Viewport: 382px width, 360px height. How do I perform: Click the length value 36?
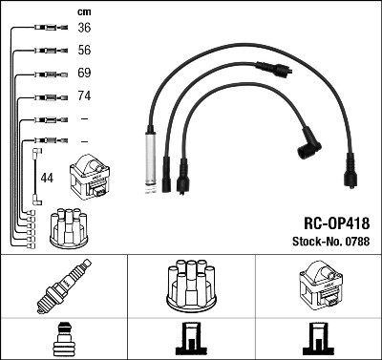(x=83, y=28)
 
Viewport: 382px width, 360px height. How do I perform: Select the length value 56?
(x=83, y=51)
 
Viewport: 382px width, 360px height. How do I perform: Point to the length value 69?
(x=83, y=74)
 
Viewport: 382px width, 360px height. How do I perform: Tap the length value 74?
(x=83, y=96)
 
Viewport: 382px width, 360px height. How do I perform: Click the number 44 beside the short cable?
(x=47, y=178)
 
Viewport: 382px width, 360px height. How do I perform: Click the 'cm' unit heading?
(x=83, y=11)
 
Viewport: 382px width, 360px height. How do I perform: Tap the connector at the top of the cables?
(x=275, y=70)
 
